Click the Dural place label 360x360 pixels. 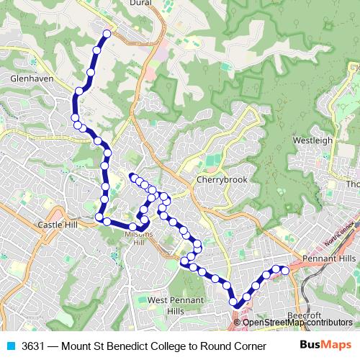pyautogui.click(x=139, y=3)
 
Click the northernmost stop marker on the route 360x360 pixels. pyautogui.click(x=107, y=34)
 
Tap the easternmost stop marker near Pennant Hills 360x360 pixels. pyautogui.click(x=284, y=270)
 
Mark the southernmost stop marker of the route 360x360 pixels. pyautogui.click(x=236, y=305)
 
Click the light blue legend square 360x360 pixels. pyautogui.click(x=11, y=346)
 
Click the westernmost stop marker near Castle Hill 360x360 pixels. pyautogui.click(x=99, y=217)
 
